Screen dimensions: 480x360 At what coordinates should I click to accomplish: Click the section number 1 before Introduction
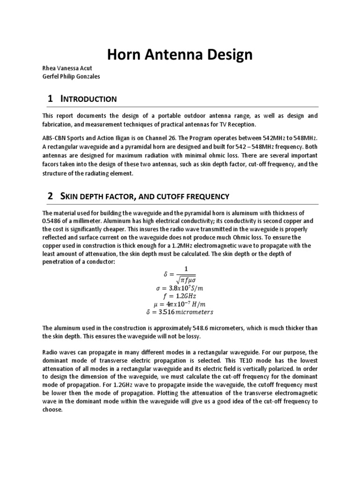pos(50,98)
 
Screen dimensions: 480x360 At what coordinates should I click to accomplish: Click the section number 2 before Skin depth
pos(50,197)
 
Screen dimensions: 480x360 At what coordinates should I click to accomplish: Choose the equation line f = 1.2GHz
pos(180,296)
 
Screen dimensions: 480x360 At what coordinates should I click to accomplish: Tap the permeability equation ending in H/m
pos(180,304)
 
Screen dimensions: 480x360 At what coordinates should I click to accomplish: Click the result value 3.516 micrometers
pos(180,311)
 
